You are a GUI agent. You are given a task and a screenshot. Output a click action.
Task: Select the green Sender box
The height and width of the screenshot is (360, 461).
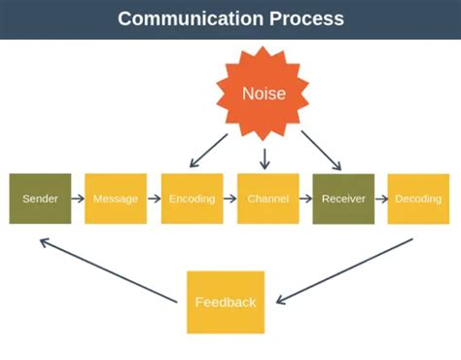(x=40, y=198)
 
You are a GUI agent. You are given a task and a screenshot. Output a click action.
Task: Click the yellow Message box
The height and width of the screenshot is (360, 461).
(x=116, y=198)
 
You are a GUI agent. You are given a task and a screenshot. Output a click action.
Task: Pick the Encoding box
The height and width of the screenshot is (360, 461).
(x=192, y=198)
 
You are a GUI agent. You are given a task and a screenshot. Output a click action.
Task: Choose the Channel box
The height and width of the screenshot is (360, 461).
(x=267, y=198)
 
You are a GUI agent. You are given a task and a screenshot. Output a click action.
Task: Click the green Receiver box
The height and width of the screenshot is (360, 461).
(x=343, y=198)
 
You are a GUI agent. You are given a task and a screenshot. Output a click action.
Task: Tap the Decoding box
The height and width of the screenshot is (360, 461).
(x=419, y=198)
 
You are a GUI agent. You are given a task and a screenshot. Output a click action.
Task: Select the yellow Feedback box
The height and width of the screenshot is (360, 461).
(x=226, y=302)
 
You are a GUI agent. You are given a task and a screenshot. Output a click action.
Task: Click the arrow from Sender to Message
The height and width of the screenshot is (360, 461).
(x=78, y=198)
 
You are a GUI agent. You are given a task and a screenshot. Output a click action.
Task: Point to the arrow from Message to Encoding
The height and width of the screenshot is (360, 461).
(x=154, y=198)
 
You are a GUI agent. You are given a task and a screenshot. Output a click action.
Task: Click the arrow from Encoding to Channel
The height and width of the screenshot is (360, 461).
(x=230, y=198)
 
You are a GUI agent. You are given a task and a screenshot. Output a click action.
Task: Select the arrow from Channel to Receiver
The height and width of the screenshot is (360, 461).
(x=305, y=198)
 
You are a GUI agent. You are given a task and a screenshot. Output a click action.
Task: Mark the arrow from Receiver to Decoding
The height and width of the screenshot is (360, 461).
(x=381, y=198)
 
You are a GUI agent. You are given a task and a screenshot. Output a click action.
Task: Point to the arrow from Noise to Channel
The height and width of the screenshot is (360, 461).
(x=265, y=156)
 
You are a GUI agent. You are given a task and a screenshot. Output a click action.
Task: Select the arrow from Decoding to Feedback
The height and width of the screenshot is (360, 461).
(x=345, y=270)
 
